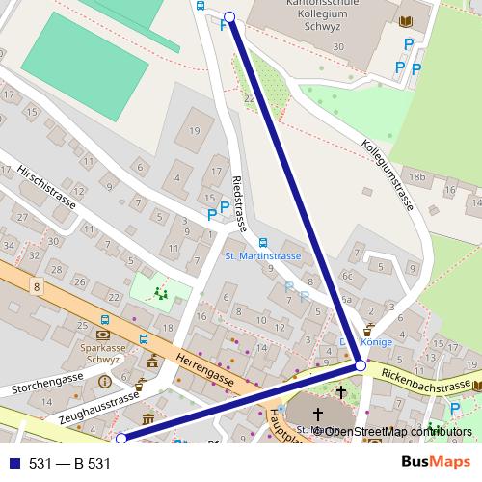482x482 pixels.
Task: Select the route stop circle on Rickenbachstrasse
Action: [x=360, y=366]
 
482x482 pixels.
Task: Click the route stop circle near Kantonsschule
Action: [x=229, y=16]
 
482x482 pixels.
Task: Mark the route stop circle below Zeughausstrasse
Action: [x=121, y=439]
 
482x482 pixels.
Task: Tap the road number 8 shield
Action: [x=36, y=286]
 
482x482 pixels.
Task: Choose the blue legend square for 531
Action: [x=13, y=464]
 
